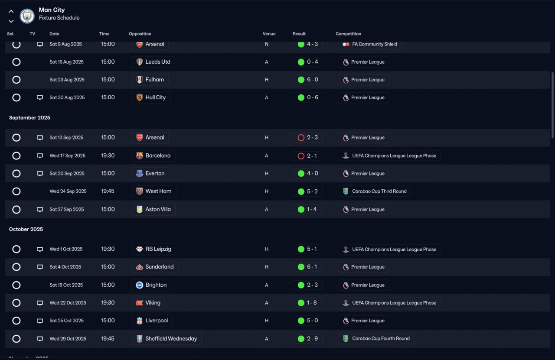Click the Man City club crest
[27, 16]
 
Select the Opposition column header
[140, 34]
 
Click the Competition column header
[348, 34]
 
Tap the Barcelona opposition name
[158, 156]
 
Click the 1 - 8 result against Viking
[312, 302]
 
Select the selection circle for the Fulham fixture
[16, 80]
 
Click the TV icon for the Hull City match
[40, 97]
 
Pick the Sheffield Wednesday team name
[171, 338]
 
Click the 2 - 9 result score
[312, 338]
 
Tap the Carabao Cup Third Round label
[379, 191]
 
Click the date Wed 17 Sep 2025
[67, 156]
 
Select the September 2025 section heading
[29, 117]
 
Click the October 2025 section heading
[26, 229]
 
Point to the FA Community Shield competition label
[374, 44]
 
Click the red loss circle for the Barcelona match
[301, 156]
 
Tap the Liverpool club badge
[140, 321]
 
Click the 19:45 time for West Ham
[108, 191]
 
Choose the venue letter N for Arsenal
[267, 44]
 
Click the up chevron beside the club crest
[11, 11]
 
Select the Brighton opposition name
[156, 285]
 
